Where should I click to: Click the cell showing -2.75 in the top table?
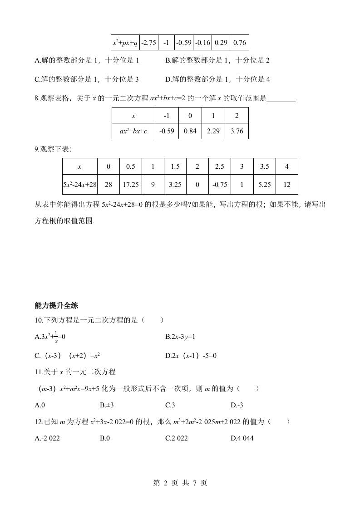click(148, 43)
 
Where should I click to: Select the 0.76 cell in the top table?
click(239, 43)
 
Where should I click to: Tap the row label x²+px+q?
click(125, 43)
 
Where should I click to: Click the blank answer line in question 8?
click(281, 98)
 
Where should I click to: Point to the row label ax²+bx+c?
click(133, 131)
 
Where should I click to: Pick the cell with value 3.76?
click(237, 131)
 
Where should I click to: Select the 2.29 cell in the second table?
click(213, 131)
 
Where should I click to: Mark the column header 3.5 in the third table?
click(265, 166)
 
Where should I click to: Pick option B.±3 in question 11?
click(106, 405)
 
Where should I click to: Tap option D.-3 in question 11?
click(237, 405)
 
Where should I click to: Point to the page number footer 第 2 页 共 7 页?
click(180, 483)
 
